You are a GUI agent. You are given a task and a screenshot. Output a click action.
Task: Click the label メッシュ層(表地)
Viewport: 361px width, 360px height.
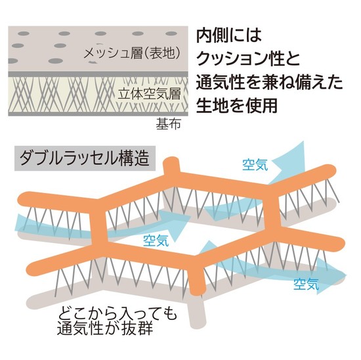point(132,54)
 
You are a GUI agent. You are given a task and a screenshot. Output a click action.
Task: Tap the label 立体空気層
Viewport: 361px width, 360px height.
point(150,94)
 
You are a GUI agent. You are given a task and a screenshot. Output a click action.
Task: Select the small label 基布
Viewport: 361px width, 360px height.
point(168,124)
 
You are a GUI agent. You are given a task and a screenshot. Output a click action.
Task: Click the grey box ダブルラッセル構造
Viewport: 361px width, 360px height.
point(85,158)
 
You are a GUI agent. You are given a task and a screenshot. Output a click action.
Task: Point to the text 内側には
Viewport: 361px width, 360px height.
point(229,36)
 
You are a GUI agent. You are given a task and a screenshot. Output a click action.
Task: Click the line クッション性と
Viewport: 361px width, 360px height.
point(248,58)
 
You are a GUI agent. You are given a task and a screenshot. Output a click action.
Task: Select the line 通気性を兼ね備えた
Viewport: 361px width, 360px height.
point(269,82)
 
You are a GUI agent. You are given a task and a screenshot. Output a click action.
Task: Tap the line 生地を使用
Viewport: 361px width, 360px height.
point(236,105)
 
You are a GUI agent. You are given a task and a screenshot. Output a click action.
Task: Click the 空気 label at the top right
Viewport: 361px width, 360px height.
point(255,165)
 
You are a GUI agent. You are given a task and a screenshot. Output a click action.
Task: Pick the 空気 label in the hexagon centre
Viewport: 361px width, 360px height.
point(156,240)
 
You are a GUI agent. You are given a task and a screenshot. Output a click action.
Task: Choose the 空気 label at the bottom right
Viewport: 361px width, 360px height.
point(307,284)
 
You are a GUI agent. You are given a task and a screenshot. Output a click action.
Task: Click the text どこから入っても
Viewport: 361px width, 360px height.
point(117,313)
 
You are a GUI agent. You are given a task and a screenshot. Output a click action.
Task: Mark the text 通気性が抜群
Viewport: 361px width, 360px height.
point(105,328)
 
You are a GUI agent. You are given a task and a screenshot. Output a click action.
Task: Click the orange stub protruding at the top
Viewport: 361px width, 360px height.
point(171,166)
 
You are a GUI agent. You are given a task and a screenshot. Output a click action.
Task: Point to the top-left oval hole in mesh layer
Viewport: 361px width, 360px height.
point(24,34)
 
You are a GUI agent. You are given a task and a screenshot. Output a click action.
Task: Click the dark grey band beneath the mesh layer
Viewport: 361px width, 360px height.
point(98,74)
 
